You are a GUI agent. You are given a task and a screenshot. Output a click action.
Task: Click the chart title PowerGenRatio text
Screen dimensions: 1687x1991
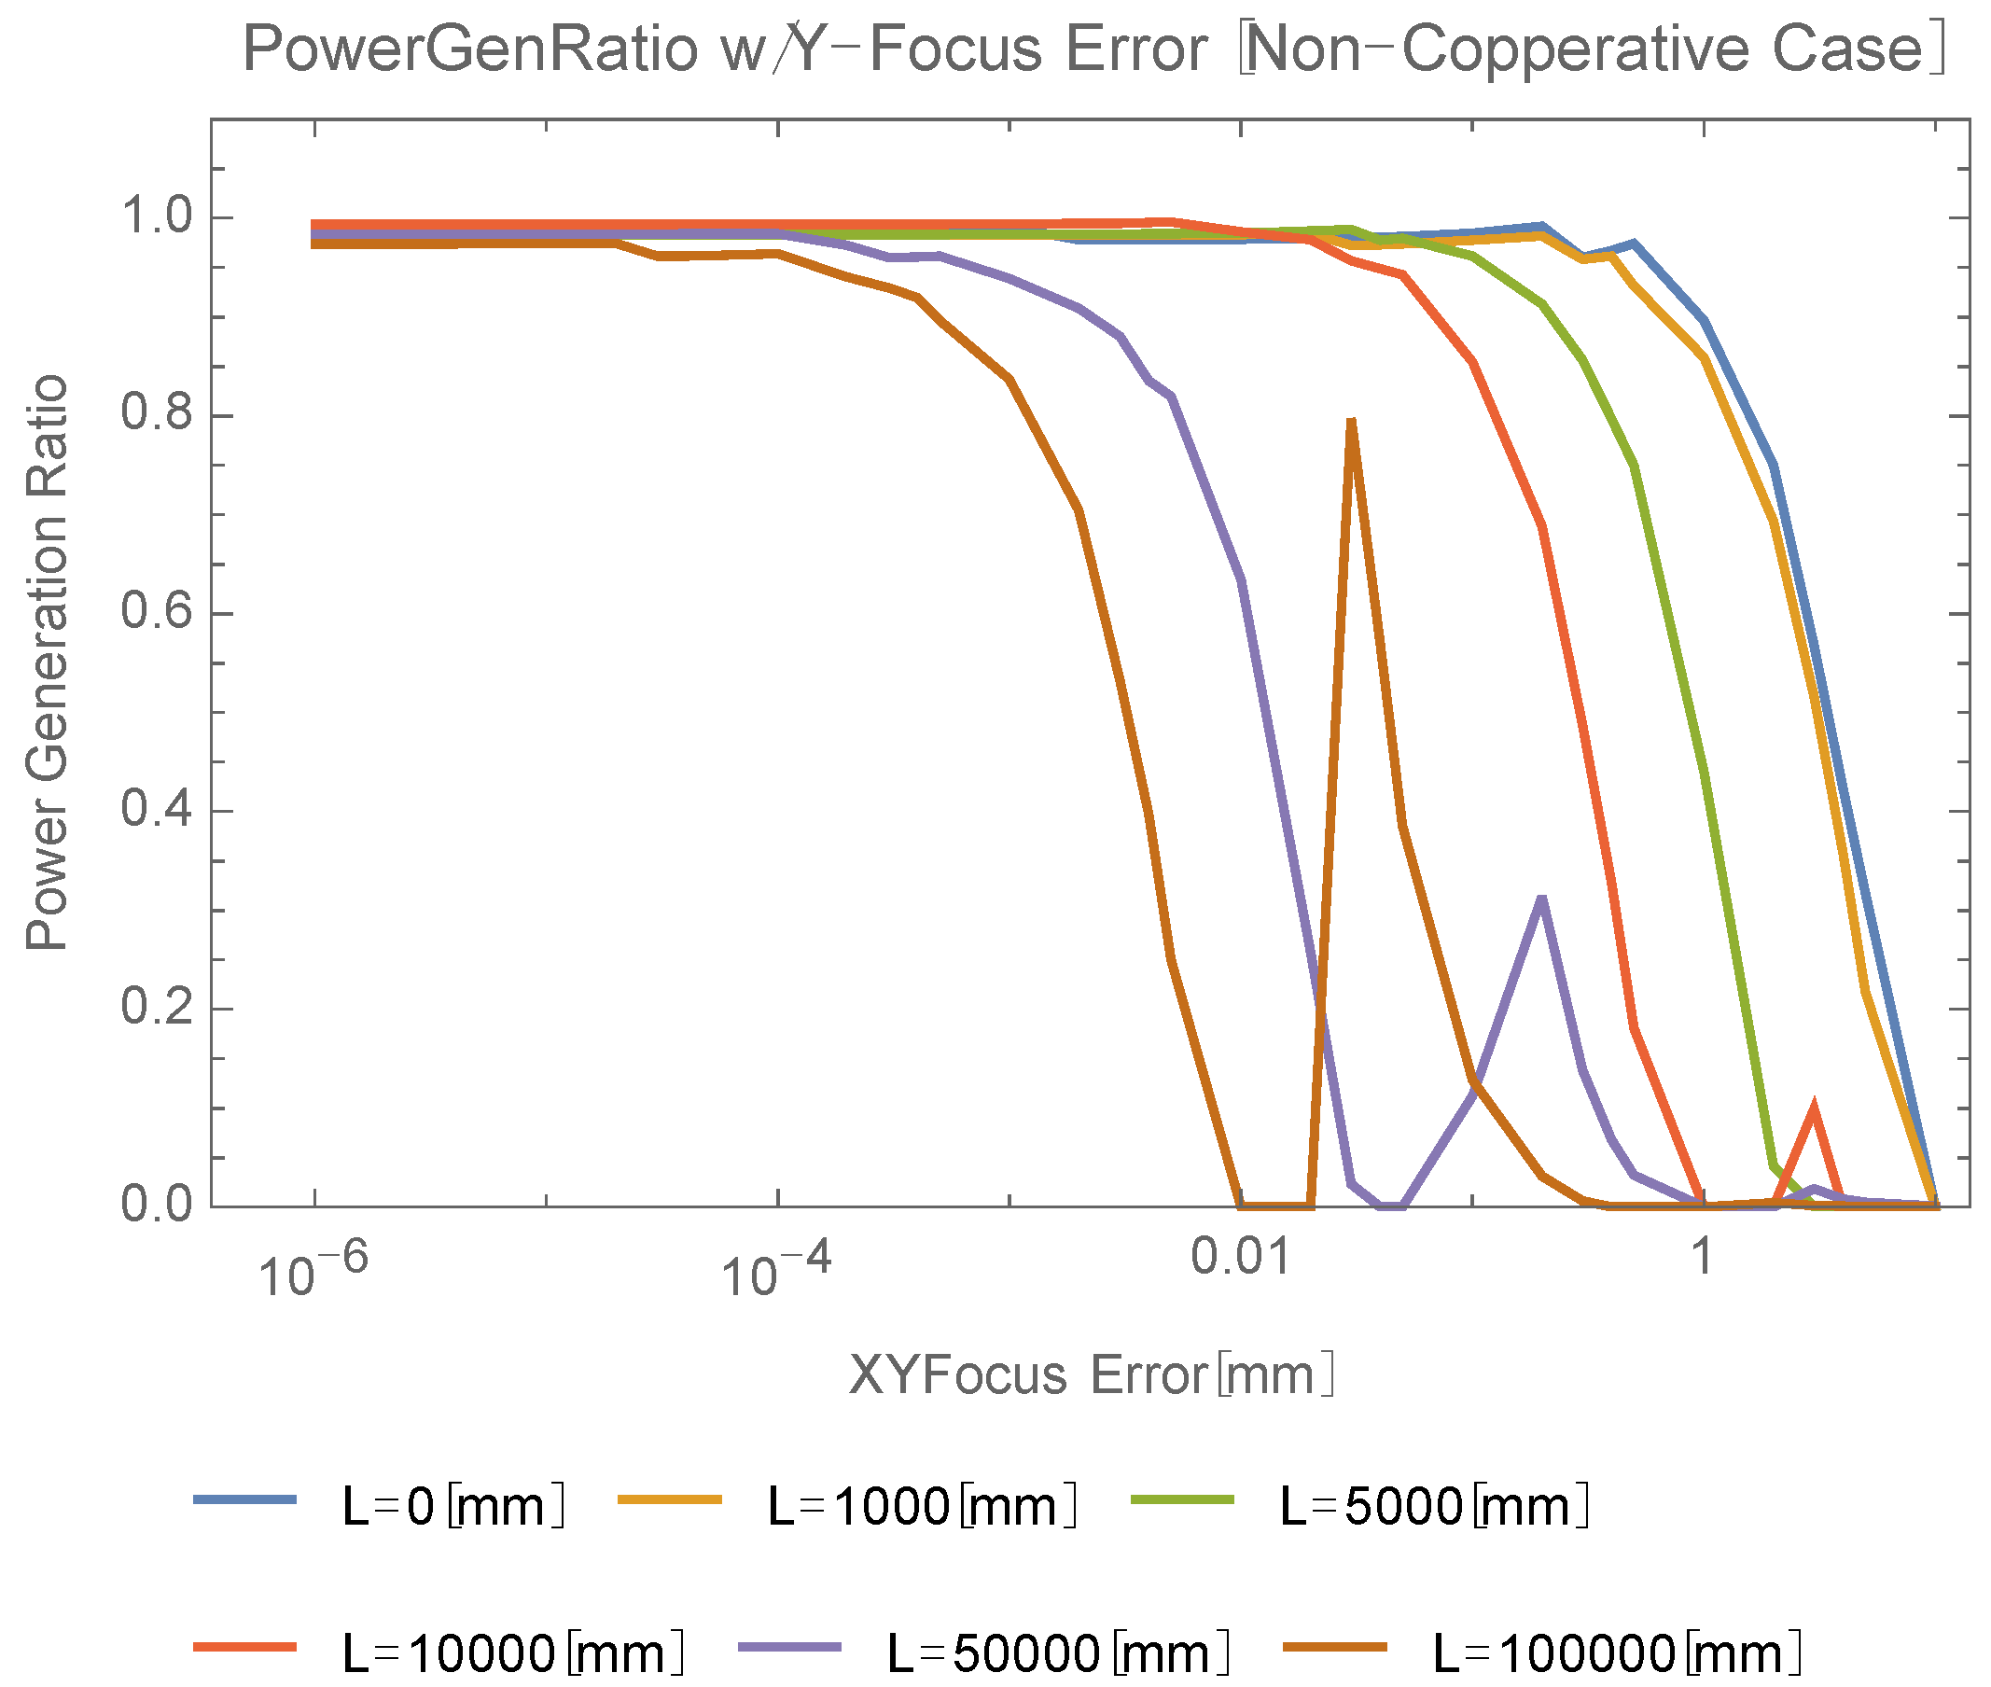click(1094, 49)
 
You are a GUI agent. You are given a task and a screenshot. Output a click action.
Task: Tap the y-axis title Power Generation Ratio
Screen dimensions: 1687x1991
click(47, 662)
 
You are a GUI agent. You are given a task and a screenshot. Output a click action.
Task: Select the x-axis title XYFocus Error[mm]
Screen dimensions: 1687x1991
click(1090, 1375)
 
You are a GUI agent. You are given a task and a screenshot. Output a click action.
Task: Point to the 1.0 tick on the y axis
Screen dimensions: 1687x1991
click(157, 217)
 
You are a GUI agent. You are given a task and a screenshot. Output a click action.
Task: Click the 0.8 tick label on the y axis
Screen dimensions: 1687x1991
click(157, 415)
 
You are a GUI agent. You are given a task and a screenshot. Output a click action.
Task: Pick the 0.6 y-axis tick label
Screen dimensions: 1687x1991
click(157, 613)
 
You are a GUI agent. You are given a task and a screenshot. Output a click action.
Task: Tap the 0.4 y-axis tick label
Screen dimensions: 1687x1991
click(157, 811)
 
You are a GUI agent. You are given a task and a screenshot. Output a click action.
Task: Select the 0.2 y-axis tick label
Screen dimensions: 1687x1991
click(157, 1008)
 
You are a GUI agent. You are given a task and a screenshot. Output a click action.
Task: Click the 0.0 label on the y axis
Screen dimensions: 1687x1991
click(157, 1205)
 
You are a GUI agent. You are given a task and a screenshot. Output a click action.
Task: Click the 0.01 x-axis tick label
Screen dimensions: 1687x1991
click(1241, 1257)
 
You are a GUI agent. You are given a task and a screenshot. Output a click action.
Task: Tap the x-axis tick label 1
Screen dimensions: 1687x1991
click(1702, 1257)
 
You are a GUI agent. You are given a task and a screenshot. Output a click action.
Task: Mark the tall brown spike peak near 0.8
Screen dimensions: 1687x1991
click(1351, 421)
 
